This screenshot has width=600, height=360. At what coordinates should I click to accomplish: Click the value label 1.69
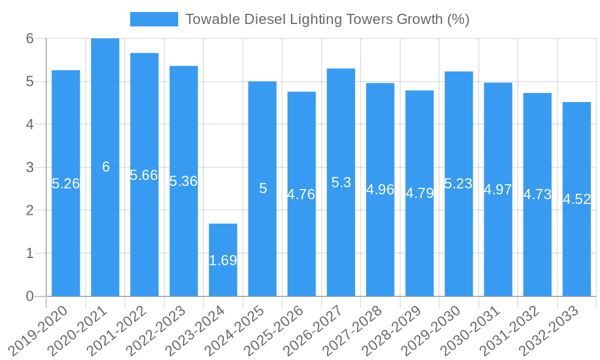(223, 260)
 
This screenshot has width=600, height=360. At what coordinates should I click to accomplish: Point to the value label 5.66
(144, 175)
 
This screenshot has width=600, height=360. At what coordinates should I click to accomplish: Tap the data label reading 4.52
(577, 200)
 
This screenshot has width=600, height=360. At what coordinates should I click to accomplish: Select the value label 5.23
(458, 184)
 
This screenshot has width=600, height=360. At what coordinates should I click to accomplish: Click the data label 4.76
(301, 194)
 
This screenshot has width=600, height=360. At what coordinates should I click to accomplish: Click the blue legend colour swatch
(154, 19)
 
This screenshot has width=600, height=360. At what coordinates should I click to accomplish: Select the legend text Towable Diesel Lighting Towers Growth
(327, 19)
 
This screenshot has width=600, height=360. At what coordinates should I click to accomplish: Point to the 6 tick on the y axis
(29, 38)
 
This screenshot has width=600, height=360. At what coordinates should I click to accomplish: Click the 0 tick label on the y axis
(29, 296)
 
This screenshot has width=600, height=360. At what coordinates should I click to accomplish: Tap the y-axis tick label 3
(29, 167)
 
